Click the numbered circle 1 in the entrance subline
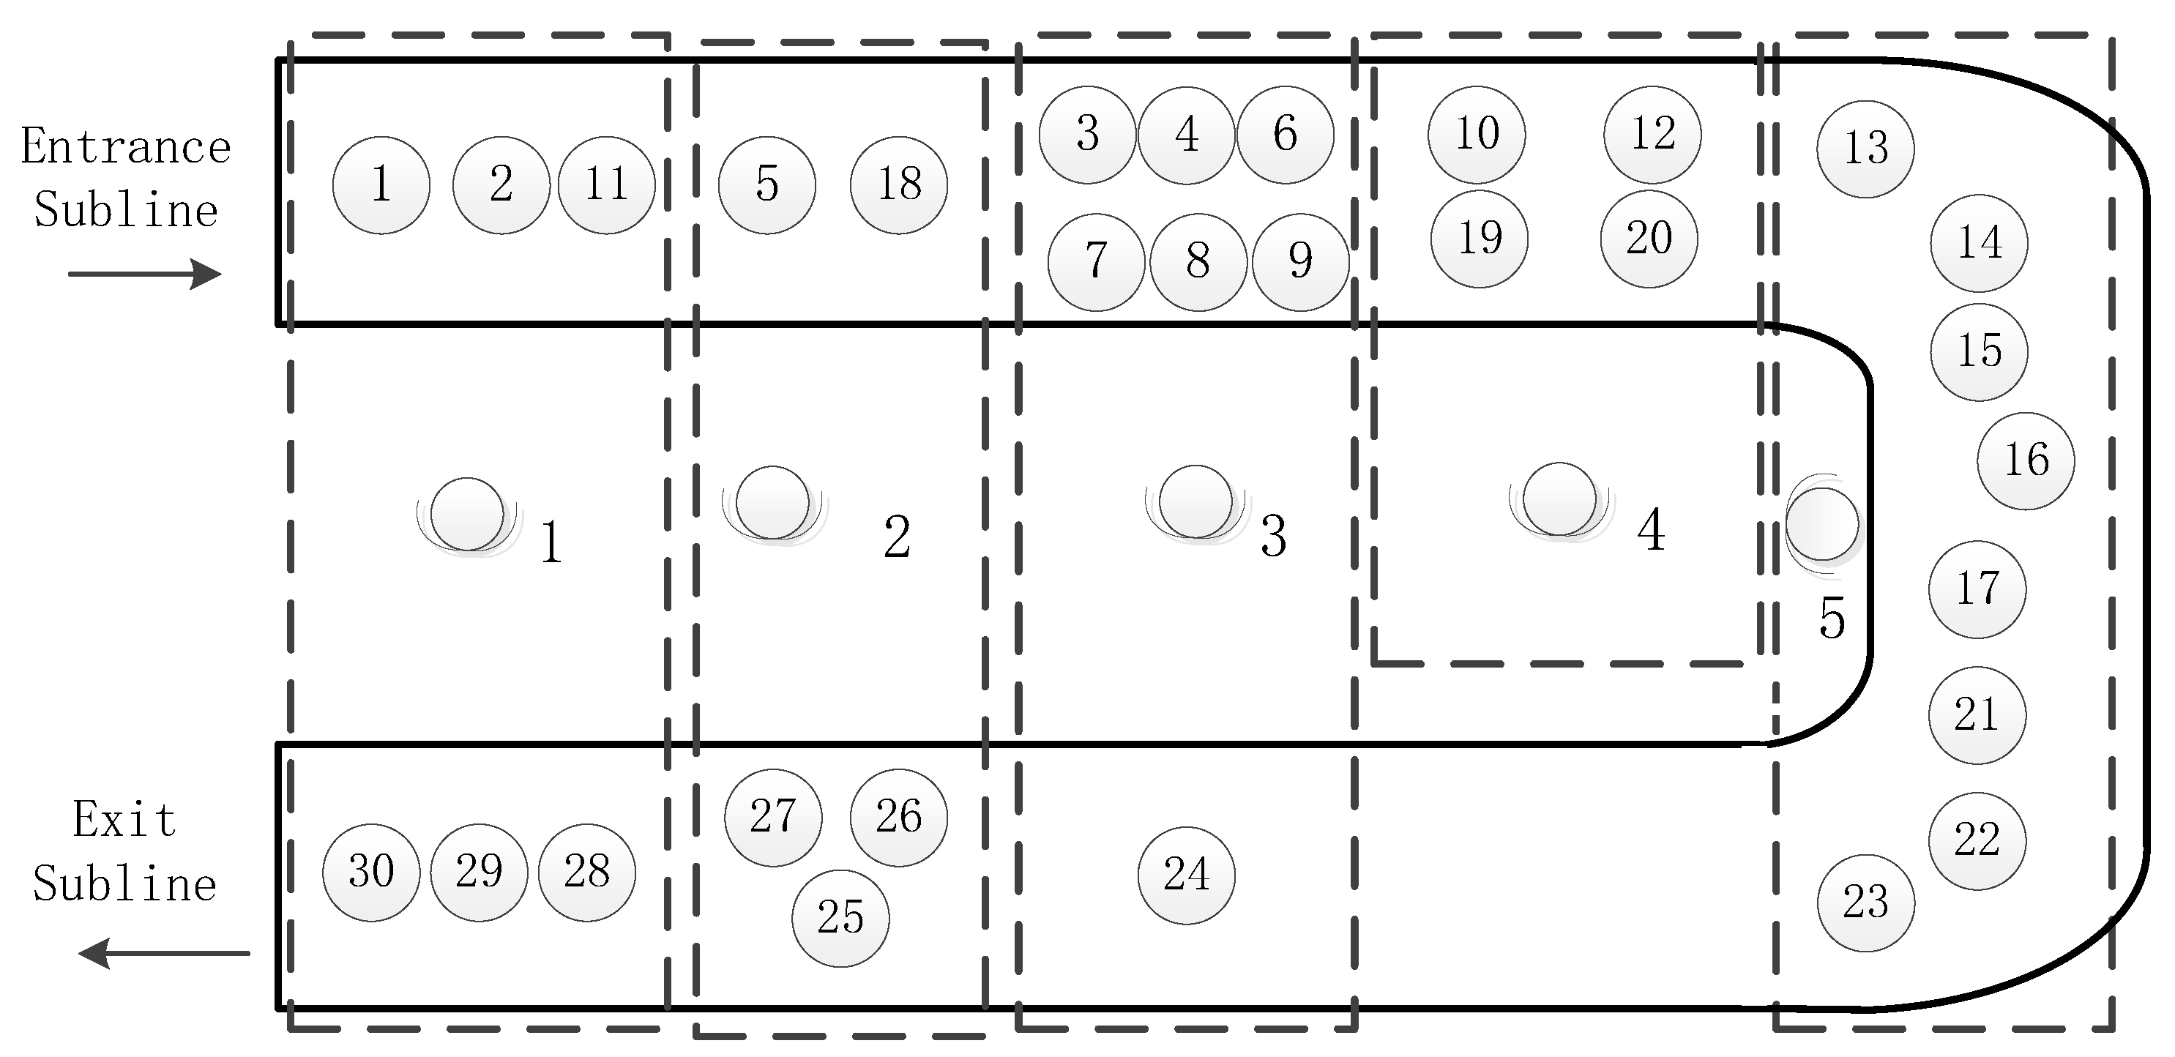[381, 185]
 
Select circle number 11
[605, 185]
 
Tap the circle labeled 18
[898, 185]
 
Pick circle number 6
[1284, 134]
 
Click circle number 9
[1299, 262]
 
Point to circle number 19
[1480, 239]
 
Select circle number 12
[1652, 134]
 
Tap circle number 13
[1865, 149]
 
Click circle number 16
[2026, 461]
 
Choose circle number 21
[1977, 715]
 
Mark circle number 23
[1865, 903]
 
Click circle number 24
[1185, 875]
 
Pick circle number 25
[840, 918]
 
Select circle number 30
[370, 872]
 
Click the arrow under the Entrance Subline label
[143, 274]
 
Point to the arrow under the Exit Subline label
[165, 953]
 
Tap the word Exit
[124, 819]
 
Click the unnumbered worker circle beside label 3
[1195, 501]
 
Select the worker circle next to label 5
[1821, 523]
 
